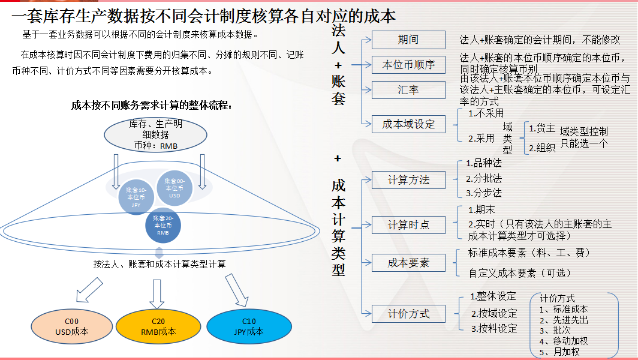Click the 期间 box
(x=408, y=40)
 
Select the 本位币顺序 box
(x=408, y=64)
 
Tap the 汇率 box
(x=408, y=90)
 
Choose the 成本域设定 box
(x=408, y=124)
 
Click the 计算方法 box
(x=408, y=179)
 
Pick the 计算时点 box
(x=408, y=225)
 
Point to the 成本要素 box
(x=408, y=262)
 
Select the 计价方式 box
(x=408, y=313)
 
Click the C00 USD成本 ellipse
(x=71, y=326)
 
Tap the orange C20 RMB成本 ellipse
(x=158, y=326)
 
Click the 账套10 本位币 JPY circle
(x=137, y=196)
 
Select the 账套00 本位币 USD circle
(x=175, y=188)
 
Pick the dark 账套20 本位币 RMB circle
(x=164, y=225)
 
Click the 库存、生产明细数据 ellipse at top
(x=156, y=134)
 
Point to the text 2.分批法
(x=484, y=178)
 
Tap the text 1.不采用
(x=486, y=112)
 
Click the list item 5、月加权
(x=559, y=352)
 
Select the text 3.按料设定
(x=493, y=328)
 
